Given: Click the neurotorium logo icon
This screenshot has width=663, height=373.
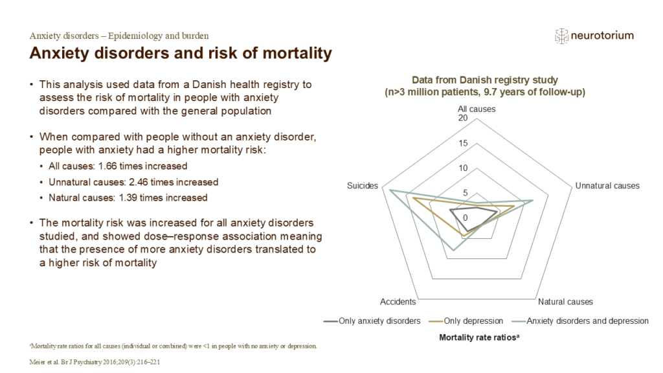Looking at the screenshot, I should pos(561,36).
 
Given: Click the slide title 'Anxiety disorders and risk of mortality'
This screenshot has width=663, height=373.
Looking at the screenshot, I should pos(181,53).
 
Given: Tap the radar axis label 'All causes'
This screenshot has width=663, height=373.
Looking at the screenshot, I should pos(477,109).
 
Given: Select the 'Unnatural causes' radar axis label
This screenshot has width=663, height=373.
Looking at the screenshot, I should pos(607,186).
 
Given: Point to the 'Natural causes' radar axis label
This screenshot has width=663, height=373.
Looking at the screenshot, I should pos(565,302).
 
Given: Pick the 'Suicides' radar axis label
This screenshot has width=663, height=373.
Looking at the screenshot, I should pos(363,186).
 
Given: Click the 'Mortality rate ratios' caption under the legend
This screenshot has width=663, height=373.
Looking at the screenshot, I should pos(476,337).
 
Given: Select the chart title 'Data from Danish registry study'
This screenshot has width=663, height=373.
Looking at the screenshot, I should pos(486,80).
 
